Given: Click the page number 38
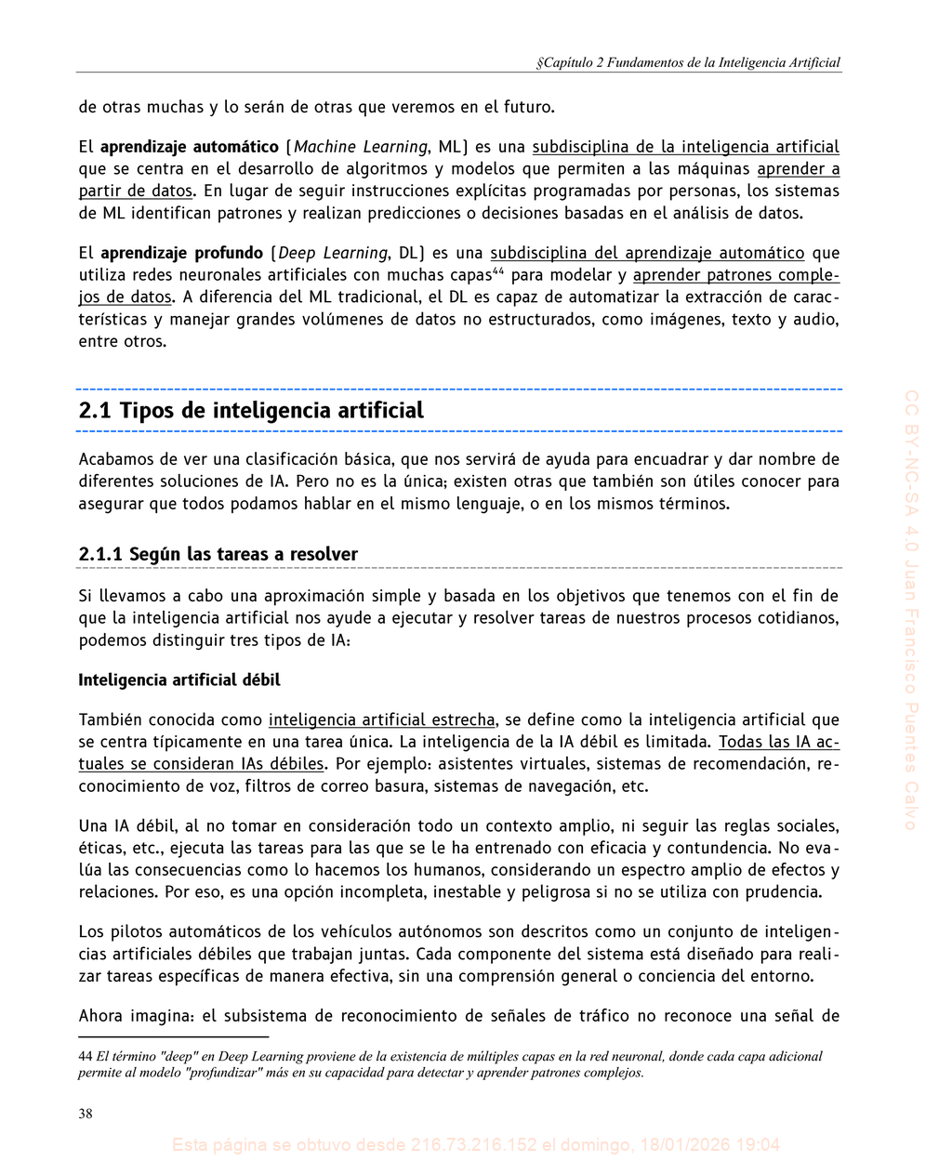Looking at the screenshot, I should (x=86, y=1115).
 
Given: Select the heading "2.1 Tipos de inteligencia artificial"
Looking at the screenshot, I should (x=251, y=411).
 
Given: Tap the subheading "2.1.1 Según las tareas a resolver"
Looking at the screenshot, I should (x=218, y=555).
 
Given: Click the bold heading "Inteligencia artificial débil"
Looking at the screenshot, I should (x=179, y=680).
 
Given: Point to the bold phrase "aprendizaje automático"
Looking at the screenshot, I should (x=190, y=147).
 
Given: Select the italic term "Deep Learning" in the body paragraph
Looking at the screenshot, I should (x=333, y=253).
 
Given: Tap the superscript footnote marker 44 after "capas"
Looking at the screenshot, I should (x=497, y=271).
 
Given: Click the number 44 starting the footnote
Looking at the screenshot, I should (x=86, y=1056).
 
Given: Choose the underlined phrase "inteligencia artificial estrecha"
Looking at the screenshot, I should (x=381, y=719).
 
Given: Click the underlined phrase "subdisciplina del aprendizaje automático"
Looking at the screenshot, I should (x=647, y=253).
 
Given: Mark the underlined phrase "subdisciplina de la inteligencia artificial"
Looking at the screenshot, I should (x=685, y=147).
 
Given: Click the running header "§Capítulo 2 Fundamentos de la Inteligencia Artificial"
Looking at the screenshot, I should (x=689, y=63).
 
